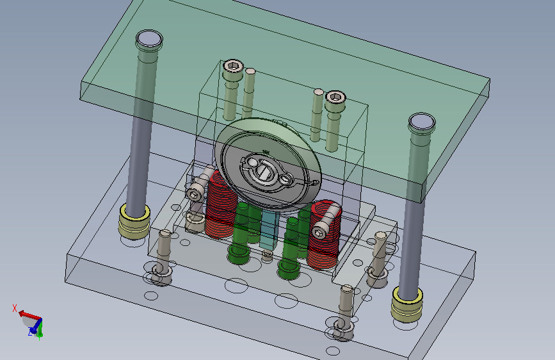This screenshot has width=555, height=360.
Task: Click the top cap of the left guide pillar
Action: point(149,39)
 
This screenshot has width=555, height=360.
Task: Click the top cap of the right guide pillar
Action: point(422,122)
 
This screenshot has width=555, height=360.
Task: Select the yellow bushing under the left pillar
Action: point(134,221)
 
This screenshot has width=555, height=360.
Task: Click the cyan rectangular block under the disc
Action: point(269,229)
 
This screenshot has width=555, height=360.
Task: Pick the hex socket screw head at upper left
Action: point(233,66)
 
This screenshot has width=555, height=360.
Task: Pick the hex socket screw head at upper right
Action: point(335,97)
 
